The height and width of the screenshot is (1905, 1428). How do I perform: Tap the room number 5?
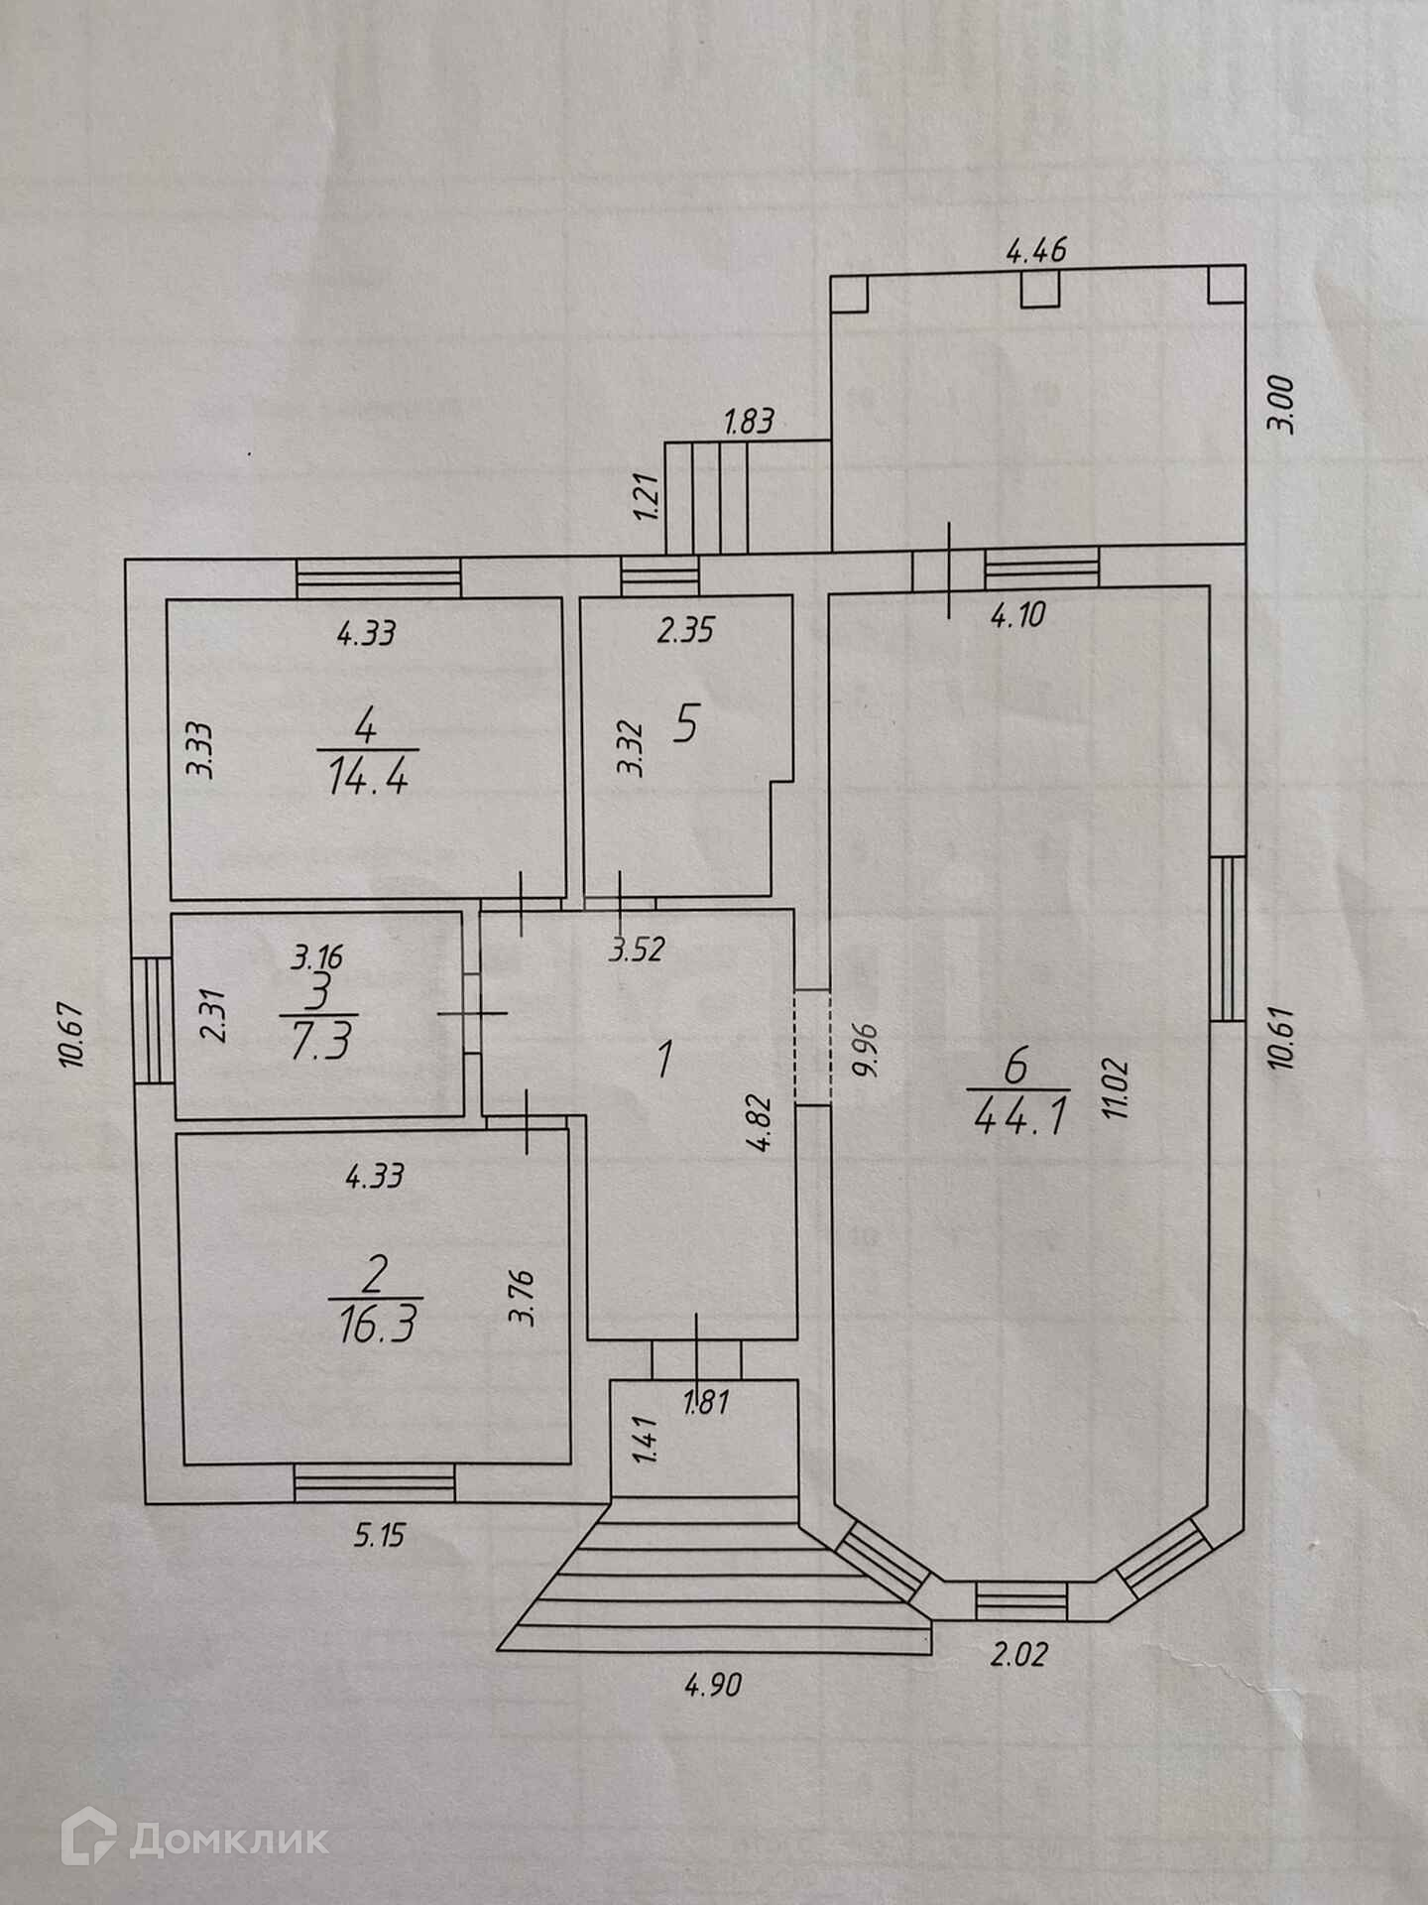tap(684, 724)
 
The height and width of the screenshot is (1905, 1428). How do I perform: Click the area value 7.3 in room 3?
tap(318, 1043)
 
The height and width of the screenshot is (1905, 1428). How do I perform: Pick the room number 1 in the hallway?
tap(665, 1058)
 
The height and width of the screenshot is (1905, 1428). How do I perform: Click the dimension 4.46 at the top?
tap(1036, 250)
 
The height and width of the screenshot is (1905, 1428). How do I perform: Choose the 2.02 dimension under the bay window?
tap(1018, 1655)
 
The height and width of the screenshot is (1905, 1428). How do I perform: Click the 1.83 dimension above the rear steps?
tap(749, 422)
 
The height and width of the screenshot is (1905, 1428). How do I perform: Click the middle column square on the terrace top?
tap(1040, 288)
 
